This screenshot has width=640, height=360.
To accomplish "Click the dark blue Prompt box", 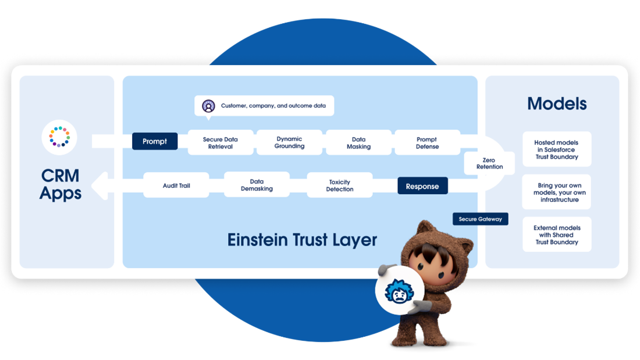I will tap(155, 141).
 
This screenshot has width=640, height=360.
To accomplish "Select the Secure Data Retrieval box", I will tap(221, 142).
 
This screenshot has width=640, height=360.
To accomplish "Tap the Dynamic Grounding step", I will tap(289, 142).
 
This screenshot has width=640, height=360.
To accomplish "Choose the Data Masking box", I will tap(358, 142).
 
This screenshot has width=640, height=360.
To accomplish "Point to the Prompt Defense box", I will tap(427, 142).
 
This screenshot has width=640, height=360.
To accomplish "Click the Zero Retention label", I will tap(489, 163).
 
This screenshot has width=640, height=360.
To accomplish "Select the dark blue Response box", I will tap(422, 186).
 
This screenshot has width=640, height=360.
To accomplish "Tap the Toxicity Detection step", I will tap(340, 186).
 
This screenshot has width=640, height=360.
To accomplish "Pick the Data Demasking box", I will tap(257, 185).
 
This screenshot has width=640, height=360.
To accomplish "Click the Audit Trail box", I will tap(176, 186).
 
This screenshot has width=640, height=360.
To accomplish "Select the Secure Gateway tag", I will tap(481, 219).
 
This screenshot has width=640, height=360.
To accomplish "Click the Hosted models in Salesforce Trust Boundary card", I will tap(557, 149).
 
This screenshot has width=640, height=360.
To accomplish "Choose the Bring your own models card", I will tap(557, 193).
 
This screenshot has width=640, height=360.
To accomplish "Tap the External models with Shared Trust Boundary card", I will tap(557, 235).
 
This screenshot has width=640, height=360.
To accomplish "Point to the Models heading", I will tap(557, 104).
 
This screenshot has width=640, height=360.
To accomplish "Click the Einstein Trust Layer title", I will tap(302, 240).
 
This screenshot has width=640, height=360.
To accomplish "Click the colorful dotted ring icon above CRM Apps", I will tap(59, 137).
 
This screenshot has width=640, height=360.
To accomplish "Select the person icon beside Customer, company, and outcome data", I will tap(208, 106).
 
